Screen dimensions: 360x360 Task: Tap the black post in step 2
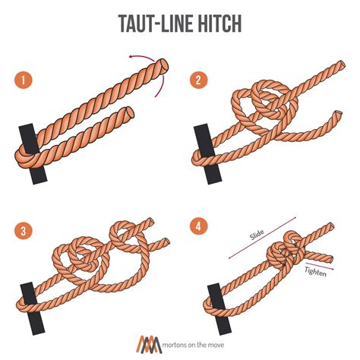click(203, 144)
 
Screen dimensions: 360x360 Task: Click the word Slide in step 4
click(258, 237)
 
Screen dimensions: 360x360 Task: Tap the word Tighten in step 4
click(317, 273)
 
